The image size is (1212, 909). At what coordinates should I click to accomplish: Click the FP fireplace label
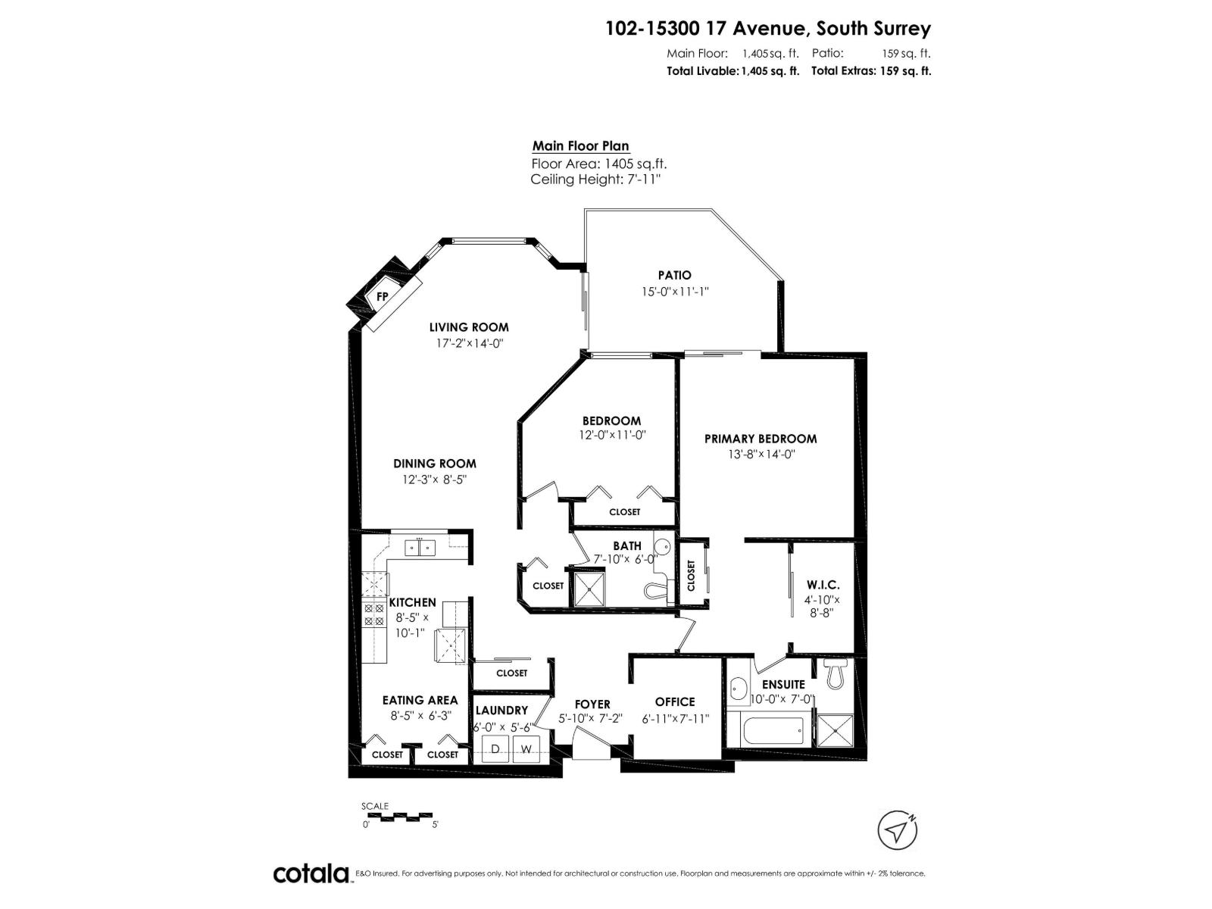pos(383,296)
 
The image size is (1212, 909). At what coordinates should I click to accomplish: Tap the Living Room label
pos(469,327)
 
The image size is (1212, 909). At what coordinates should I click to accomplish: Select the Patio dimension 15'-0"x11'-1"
pos(674,291)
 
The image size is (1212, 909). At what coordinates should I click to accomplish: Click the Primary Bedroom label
pos(761,439)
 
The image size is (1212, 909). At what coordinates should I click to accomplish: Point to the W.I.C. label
pos(823,585)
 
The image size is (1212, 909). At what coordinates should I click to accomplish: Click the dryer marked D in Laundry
pos(496,749)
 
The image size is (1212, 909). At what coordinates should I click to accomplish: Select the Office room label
pos(675,702)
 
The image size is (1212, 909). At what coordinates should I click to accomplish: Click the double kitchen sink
pos(419,547)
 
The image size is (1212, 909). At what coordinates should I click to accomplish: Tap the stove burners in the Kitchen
pos(374,614)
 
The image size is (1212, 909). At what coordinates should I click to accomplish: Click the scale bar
pos(400,817)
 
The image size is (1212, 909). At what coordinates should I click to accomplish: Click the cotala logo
pos(311,874)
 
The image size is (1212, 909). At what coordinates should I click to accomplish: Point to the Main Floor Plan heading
pos(580,146)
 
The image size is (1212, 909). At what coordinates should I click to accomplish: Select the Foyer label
pos(592,704)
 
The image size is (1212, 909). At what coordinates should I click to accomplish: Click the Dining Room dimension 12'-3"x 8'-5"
pos(435,479)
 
